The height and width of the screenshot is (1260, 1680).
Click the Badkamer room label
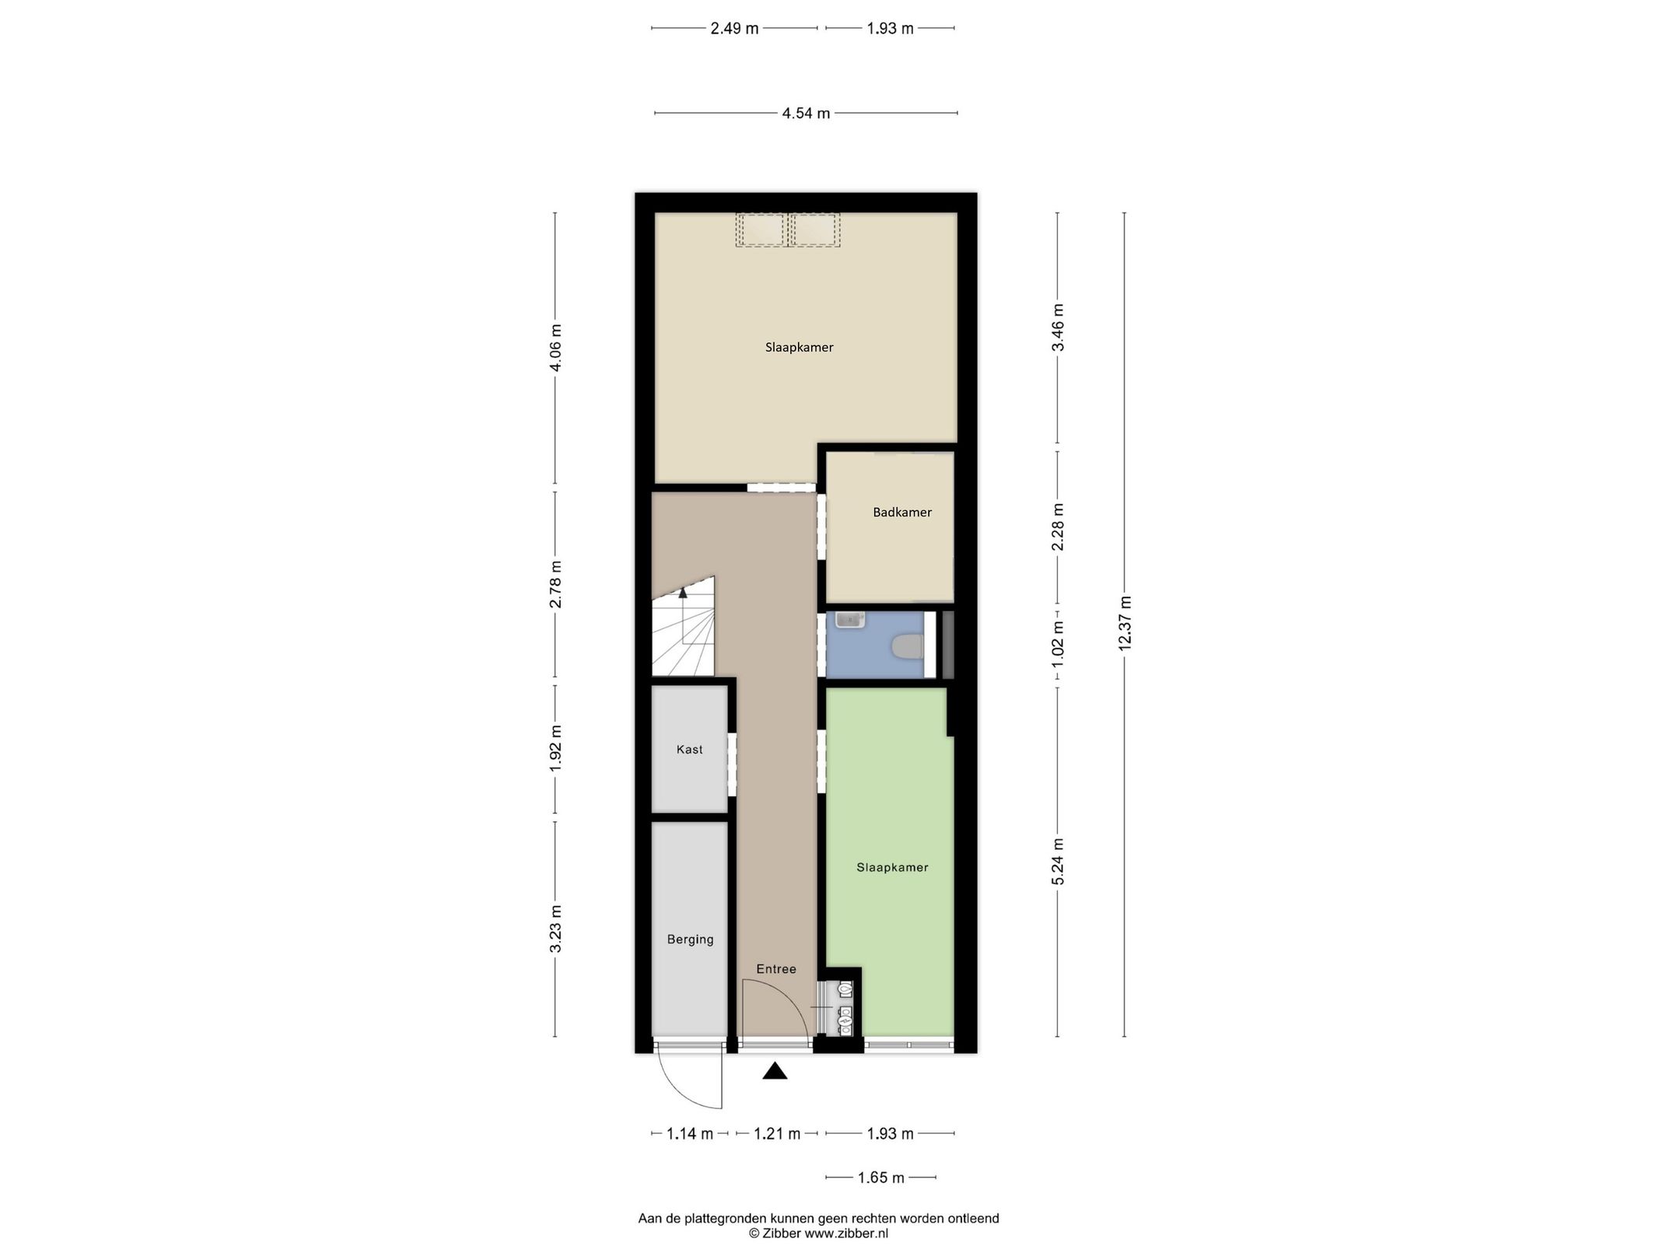coord(901,513)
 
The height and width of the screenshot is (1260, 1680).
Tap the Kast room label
coord(689,750)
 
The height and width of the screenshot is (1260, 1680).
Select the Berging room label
coord(690,940)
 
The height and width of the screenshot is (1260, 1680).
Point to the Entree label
coord(776,969)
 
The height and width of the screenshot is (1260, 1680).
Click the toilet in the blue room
coord(908,646)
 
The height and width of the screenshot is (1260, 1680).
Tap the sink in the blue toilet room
coord(849,620)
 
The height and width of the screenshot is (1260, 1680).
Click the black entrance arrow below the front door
coord(775,1072)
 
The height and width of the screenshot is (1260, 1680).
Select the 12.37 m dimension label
coord(1125,622)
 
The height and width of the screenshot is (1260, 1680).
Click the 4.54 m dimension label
coord(806,114)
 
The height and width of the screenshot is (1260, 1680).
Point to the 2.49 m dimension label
coord(734,29)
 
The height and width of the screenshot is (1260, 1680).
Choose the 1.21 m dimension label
coord(777,1134)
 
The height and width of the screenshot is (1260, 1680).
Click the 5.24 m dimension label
coord(1058,861)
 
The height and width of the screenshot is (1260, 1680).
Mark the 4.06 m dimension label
coord(555,348)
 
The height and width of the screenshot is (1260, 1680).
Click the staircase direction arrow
coord(683,593)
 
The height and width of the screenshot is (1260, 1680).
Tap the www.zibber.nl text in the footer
coord(846,1234)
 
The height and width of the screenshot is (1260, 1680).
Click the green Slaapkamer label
coord(892,867)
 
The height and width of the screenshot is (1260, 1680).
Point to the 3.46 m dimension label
coord(1058,327)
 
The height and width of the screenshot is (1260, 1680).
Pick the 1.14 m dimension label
coord(690,1134)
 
